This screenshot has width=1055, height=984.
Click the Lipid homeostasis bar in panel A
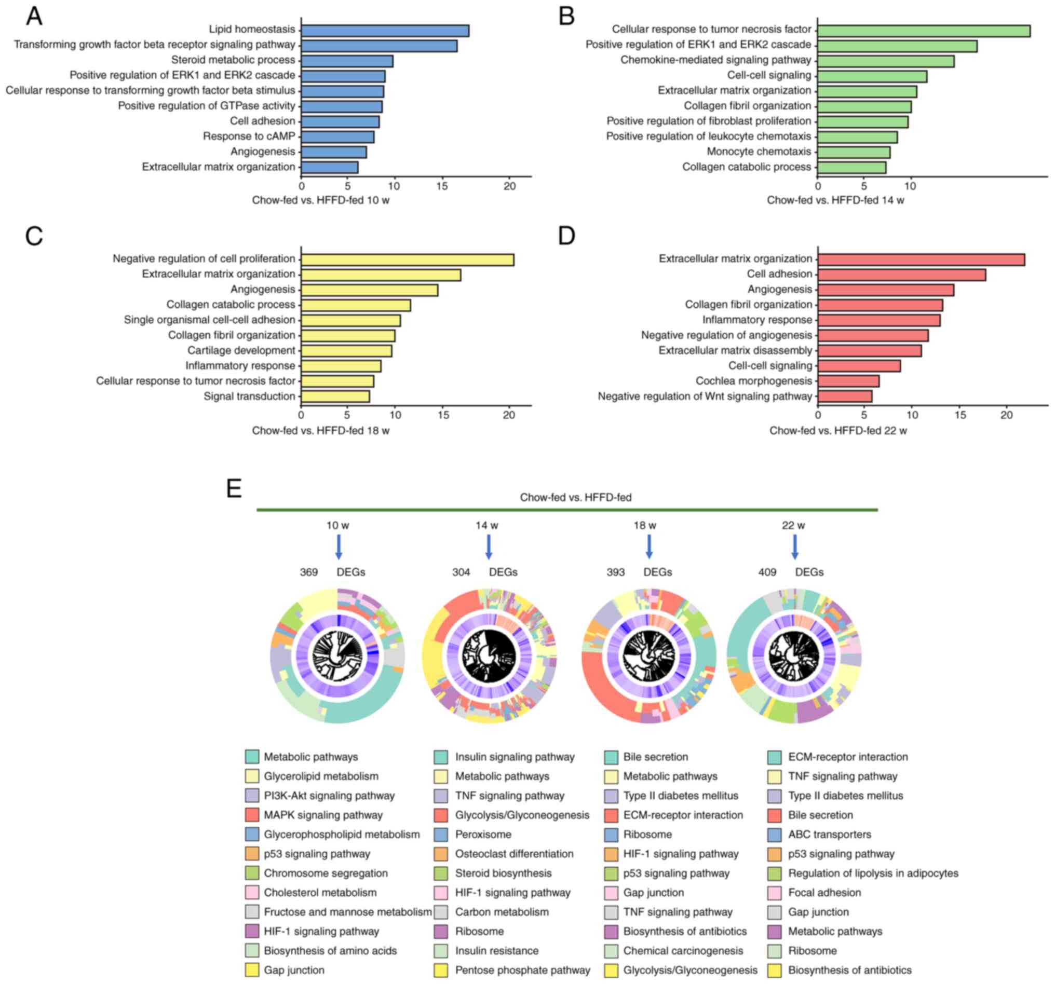385,31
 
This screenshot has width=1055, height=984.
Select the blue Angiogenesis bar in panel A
334,153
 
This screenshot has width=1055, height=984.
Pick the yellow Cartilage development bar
346,351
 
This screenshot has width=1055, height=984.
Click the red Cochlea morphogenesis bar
848,381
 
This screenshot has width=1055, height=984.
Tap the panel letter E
234,488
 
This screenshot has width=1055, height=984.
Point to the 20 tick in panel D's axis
1006,415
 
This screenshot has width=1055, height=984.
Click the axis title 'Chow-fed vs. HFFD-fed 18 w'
320,431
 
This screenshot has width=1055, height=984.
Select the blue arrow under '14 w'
489,547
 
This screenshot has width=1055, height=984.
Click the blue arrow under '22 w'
794,547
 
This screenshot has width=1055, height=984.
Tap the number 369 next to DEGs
309,572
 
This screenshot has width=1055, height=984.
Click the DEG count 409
767,572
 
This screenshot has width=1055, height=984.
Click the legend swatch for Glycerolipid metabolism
252,776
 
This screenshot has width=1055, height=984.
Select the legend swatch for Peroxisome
441,835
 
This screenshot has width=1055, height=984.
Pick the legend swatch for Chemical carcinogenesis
611,951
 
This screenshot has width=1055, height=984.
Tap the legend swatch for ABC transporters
774,835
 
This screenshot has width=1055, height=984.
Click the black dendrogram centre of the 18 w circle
648,655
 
